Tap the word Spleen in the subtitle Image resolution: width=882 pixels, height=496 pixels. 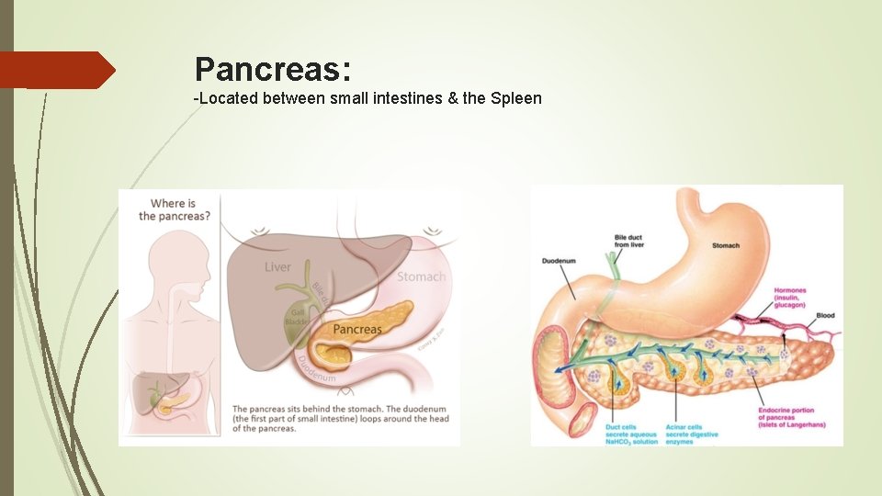pyautogui.click(x=517, y=97)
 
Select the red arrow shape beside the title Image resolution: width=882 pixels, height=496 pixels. pyautogui.click(x=57, y=70)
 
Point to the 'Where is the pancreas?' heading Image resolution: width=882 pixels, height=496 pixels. pyautogui.click(x=173, y=209)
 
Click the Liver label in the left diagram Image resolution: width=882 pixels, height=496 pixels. pyautogui.click(x=277, y=267)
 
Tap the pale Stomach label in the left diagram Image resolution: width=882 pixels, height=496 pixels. pyautogui.click(x=421, y=276)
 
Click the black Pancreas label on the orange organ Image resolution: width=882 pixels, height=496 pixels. pyautogui.click(x=357, y=329)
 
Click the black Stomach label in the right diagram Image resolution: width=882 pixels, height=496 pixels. pyautogui.click(x=726, y=245)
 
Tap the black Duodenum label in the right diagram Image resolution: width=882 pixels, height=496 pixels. pyautogui.click(x=559, y=261)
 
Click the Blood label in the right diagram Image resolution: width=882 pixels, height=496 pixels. pyautogui.click(x=825, y=316)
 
